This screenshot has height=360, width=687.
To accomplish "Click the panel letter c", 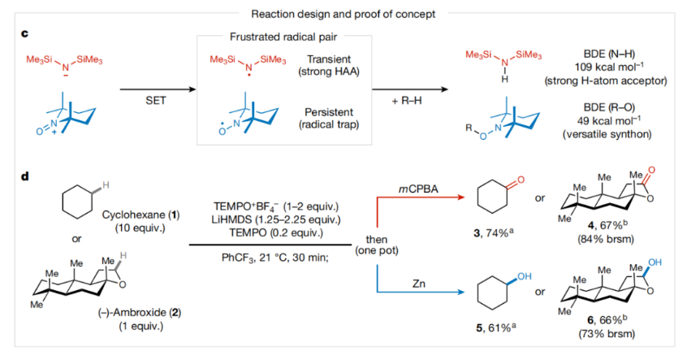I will click(x=25, y=33).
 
